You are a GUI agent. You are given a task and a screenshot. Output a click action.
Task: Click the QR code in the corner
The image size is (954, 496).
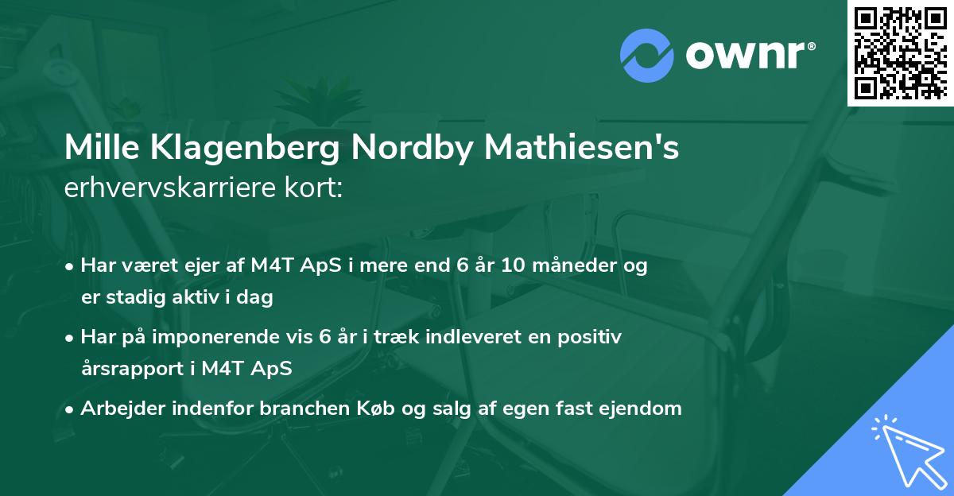900,52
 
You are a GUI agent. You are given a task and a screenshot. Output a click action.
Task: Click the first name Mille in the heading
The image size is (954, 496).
99,149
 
